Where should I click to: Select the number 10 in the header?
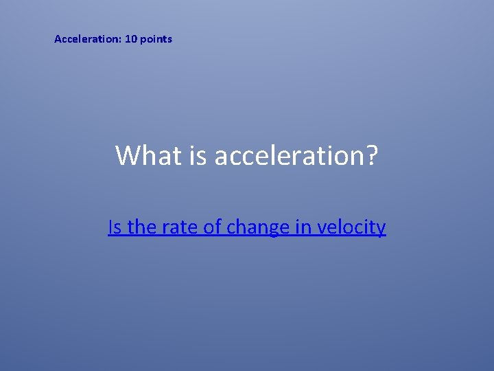coord(131,39)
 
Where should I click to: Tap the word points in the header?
coord(156,39)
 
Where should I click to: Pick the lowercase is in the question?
coord(195,156)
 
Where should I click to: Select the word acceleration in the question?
coord(287,156)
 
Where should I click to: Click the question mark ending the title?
coord(372,156)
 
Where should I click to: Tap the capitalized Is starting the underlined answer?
coord(115,227)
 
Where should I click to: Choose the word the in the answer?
coord(142,227)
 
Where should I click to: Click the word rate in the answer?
coord(179,227)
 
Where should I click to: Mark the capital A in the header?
coord(58,39)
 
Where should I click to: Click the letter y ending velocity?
coord(381,229)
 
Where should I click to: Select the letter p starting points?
coord(143,40)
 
